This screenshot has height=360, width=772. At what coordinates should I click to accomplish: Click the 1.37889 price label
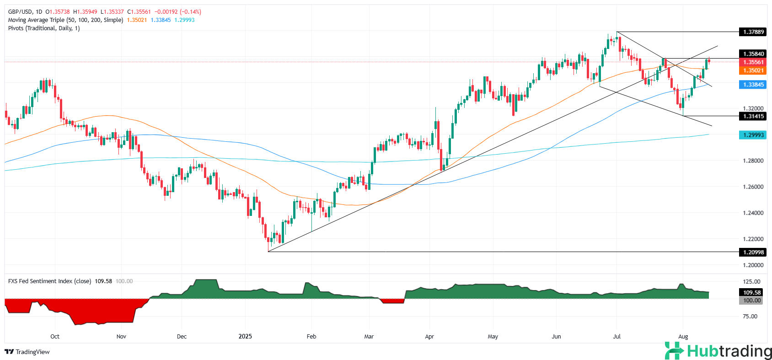753,32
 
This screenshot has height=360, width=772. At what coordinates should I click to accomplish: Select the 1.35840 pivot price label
753,54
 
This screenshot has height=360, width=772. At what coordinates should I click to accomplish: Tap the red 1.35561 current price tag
753,62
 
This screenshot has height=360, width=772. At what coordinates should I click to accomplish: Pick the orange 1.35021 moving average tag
753,70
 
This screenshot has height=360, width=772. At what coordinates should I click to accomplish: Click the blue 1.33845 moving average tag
753,85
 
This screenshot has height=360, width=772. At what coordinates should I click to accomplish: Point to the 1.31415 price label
753,116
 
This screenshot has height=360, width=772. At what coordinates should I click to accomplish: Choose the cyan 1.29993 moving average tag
753,135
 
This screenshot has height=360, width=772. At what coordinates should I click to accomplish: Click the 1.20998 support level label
753,252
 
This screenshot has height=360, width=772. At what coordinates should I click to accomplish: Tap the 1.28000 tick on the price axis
753,161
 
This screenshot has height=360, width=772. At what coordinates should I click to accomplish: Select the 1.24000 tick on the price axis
753,213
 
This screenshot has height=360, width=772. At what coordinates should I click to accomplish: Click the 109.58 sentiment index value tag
752,292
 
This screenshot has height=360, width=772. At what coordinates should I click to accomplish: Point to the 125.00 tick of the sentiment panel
751,282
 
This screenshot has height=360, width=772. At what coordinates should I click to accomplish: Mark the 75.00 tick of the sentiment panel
750,316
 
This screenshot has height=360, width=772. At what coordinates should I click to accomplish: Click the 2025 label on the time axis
245,336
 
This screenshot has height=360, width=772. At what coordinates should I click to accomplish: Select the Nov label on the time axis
121,336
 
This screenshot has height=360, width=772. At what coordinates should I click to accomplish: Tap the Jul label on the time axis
617,336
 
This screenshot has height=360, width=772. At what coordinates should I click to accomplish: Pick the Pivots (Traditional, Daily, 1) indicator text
44,28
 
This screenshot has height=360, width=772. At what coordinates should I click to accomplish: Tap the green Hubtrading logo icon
674,351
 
